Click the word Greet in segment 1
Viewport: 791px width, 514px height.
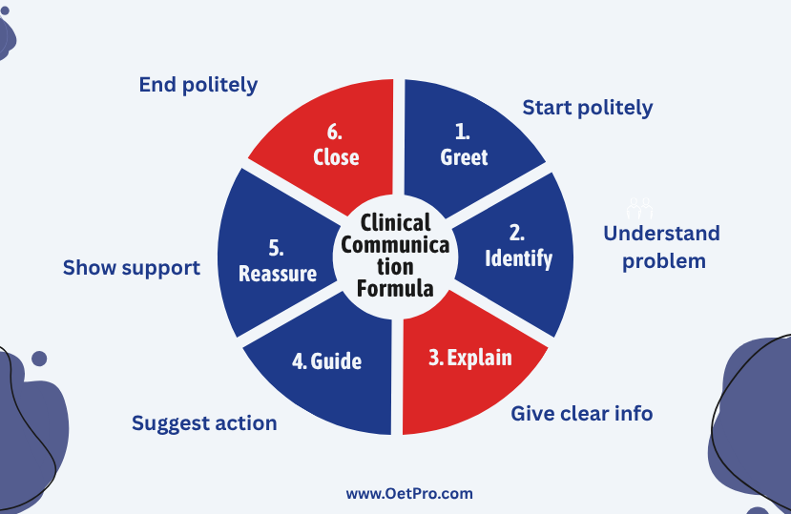[x=464, y=157]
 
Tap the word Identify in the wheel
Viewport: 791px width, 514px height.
[x=519, y=258]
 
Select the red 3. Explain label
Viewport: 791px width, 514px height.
[x=470, y=359]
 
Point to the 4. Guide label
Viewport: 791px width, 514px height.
[x=327, y=361]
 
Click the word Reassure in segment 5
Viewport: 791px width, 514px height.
[x=278, y=274]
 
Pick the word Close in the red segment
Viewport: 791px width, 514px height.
[x=336, y=157]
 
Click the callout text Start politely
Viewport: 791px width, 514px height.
[x=588, y=108]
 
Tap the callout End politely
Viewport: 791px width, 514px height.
[x=198, y=85]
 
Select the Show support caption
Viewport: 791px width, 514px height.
[x=131, y=268]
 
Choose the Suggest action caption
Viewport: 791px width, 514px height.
[x=204, y=423]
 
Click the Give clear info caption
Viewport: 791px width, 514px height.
[x=582, y=414]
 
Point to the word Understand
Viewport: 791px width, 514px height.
[x=661, y=234]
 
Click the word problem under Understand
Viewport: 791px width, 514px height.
[x=664, y=262]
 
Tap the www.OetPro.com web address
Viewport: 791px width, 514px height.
[x=409, y=493]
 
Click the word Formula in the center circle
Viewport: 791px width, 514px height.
[x=395, y=289]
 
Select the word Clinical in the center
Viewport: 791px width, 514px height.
[x=395, y=222]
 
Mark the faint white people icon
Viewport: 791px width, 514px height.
[x=640, y=208]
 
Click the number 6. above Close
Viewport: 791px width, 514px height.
[x=335, y=133]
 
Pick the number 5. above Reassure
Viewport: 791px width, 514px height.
[x=276, y=249]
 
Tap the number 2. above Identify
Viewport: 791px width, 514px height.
[x=516, y=233]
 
